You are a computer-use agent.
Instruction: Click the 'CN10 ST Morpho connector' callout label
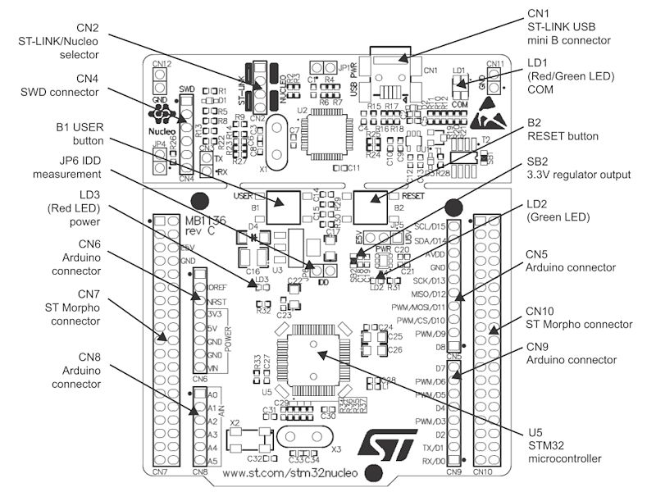578,318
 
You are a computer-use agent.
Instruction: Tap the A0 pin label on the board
213,395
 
